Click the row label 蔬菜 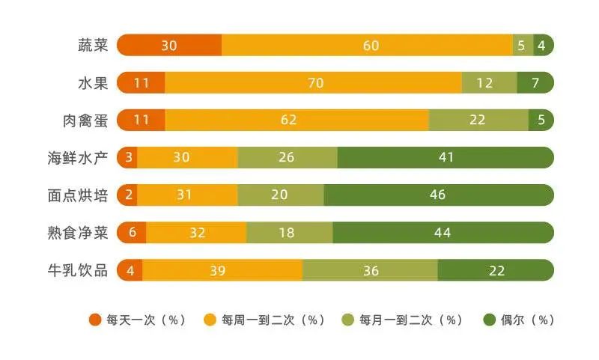pyautogui.click(x=93, y=45)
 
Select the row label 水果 pyautogui.click(x=93, y=82)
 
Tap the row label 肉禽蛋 pyautogui.click(x=85, y=120)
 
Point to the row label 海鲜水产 pyautogui.click(x=78, y=157)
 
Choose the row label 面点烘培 pyautogui.click(x=78, y=195)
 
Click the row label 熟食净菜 pyautogui.click(x=78, y=233)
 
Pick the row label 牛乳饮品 pyautogui.click(x=78, y=270)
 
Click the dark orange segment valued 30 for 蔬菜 pyautogui.click(x=169, y=45)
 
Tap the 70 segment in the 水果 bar pyautogui.click(x=314, y=82)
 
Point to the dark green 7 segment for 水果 pyautogui.click(x=535, y=82)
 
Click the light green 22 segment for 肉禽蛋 pyautogui.click(x=478, y=120)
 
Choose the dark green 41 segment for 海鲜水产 pyautogui.click(x=446, y=157)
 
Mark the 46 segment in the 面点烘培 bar pyautogui.click(x=439, y=195)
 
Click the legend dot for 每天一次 pyautogui.click(x=95, y=320)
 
